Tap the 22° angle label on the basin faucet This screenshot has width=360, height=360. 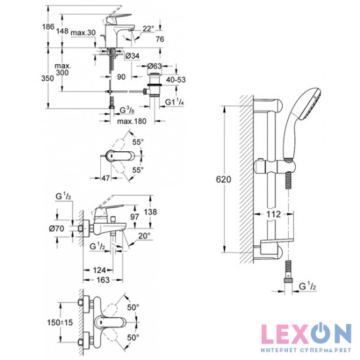(x=149, y=28)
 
